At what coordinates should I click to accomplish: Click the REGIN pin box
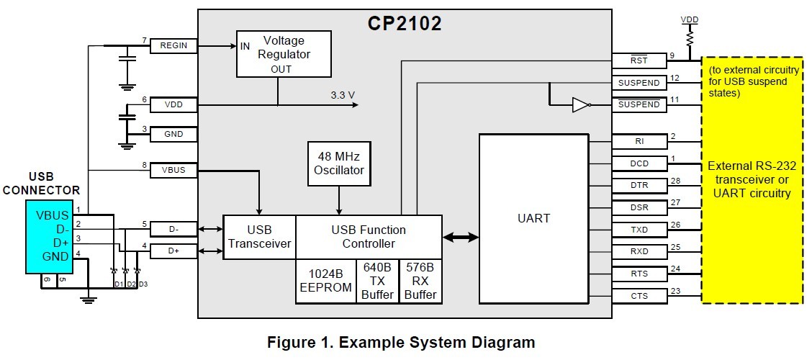pyautogui.click(x=173, y=45)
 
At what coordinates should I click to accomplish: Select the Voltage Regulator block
pyautogui.click(x=284, y=54)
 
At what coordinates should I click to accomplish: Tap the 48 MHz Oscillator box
pyautogui.click(x=339, y=163)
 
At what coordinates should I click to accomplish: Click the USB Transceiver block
pyautogui.click(x=259, y=237)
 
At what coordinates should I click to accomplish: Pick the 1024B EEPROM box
pyautogui.click(x=325, y=282)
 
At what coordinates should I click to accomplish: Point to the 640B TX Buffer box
pyautogui.click(x=377, y=282)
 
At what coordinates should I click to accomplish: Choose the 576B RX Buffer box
pyautogui.click(x=420, y=282)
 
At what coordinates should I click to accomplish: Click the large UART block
pyautogui.click(x=533, y=219)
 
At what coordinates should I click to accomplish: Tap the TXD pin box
pyautogui.click(x=639, y=230)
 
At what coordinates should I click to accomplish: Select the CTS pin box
pyautogui.click(x=639, y=296)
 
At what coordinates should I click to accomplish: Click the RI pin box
pyautogui.click(x=639, y=141)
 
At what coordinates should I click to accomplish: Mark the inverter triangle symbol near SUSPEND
pyautogui.click(x=581, y=105)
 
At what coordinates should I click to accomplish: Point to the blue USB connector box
pyautogui.click(x=50, y=237)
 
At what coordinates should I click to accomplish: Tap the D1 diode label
pyautogui.click(x=119, y=284)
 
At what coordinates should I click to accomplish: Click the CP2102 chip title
pyautogui.click(x=405, y=23)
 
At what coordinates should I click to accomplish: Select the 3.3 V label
pyautogui.click(x=343, y=95)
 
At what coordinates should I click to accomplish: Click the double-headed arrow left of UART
pyautogui.click(x=461, y=237)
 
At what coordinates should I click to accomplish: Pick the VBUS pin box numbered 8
pyautogui.click(x=173, y=170)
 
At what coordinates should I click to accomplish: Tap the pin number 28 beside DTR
pyautogui.click(x=674, y=180)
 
